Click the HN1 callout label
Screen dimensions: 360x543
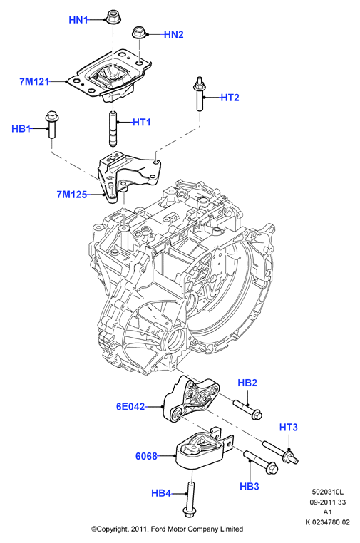click(x=78, y=20)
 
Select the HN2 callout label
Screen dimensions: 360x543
click(x=174, y=35)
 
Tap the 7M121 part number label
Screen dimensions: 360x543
click(x=34, y=82)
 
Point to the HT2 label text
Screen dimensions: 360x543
click(x=230, y=98)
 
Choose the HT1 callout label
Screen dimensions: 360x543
click(x=142, y=123)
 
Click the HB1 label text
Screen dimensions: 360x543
click(x=21, y=129)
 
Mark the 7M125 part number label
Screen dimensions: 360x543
click(x=72, y=195)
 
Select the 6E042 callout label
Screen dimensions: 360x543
click(x=130, y=406)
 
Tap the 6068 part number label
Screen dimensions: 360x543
click(x=146, y=457)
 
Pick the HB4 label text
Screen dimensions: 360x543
click(x=161, y=493)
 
